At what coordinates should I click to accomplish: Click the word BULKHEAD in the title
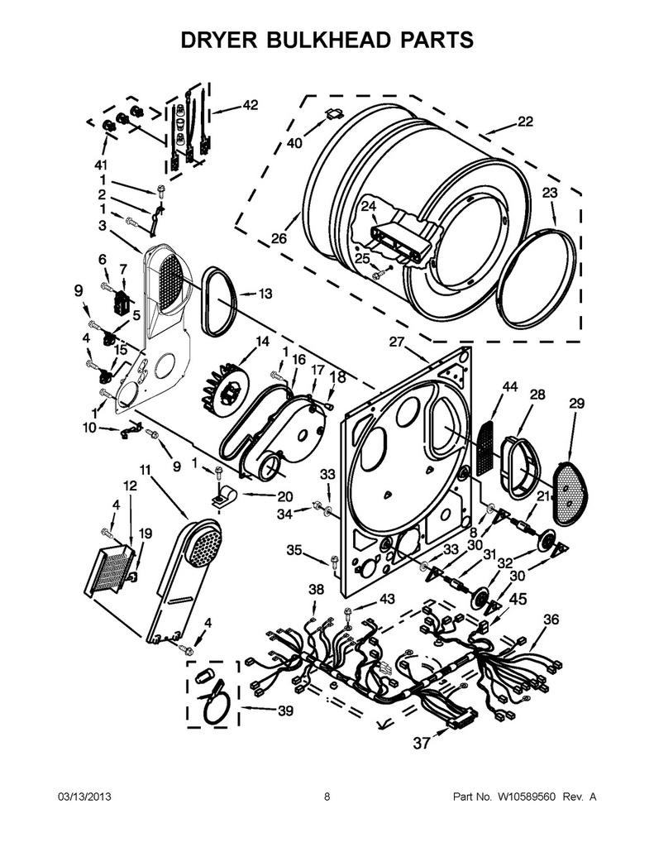325,40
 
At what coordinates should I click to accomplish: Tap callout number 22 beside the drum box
525,122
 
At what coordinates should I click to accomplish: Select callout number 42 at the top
250,105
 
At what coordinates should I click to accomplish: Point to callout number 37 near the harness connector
422,744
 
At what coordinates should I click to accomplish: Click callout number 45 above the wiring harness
518,599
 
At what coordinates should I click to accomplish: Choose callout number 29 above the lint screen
577,403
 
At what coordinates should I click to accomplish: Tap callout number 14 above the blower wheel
262,342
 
